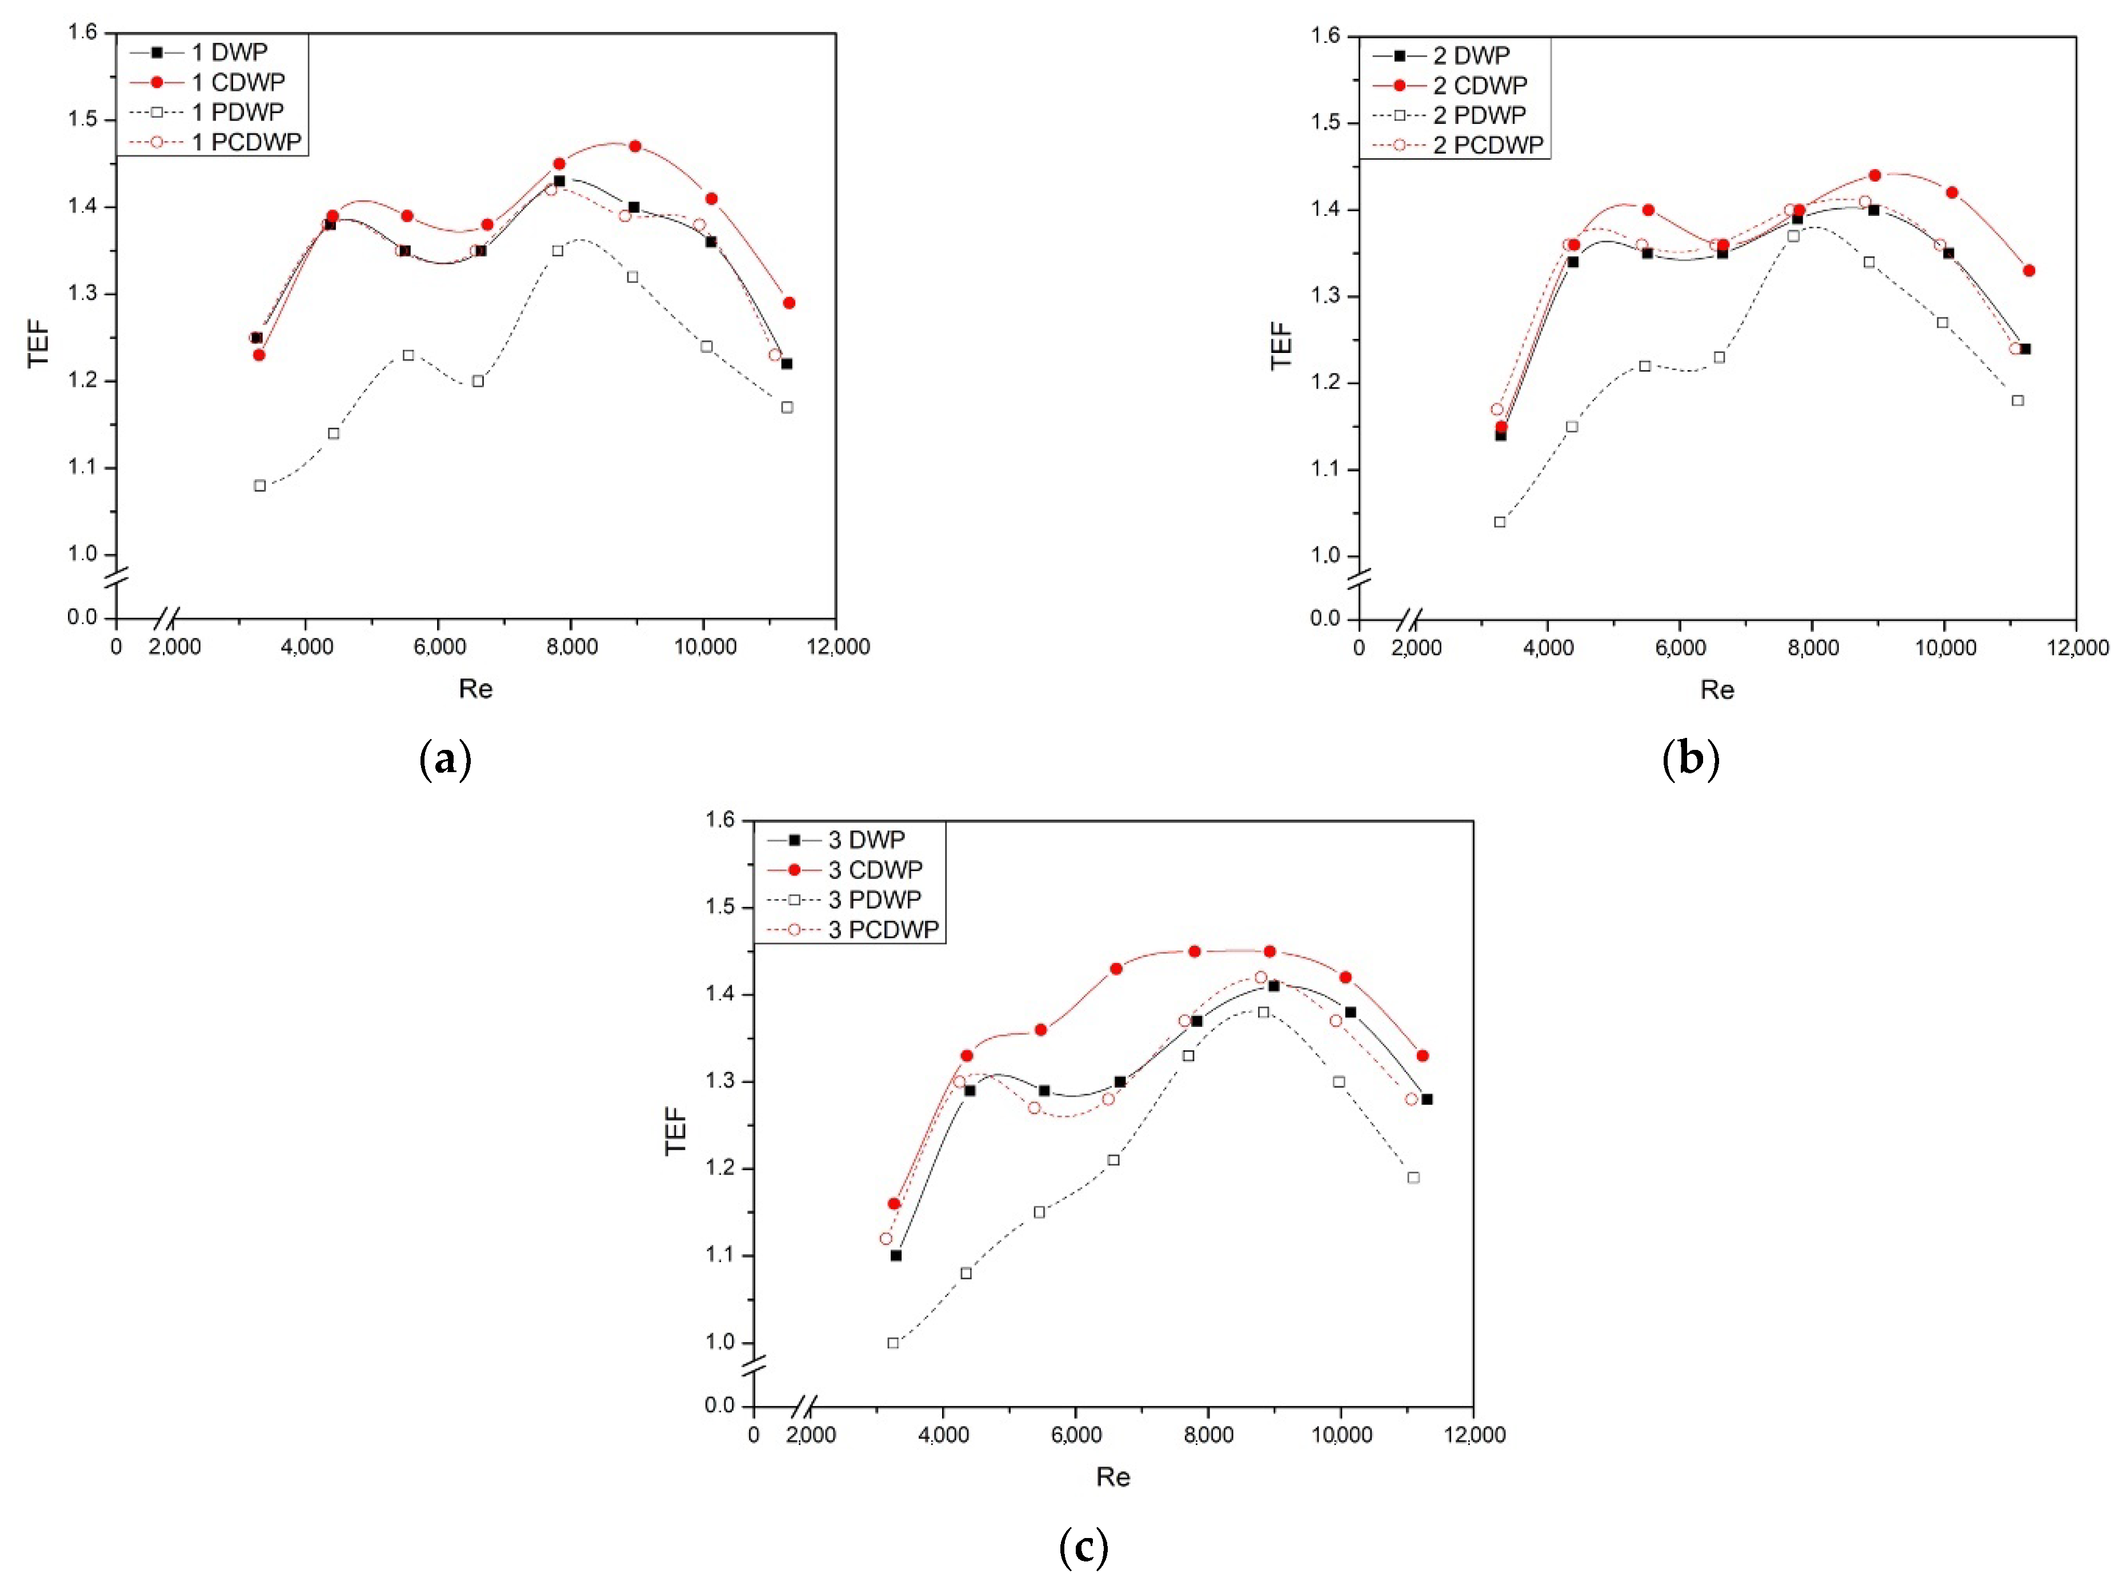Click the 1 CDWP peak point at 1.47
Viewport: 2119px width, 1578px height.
pyautogui.click(x=634, y=146)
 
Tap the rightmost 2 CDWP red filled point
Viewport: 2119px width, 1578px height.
pyautogui.click(x=2028, y=270)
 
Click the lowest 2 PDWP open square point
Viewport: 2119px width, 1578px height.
pyautogui.click(x=1499, y=521)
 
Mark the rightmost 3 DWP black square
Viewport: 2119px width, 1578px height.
pyautogui.click(x=1427, y=1098)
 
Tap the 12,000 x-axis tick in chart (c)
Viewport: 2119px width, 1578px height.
pyautogui.click(x=1473, y=1435)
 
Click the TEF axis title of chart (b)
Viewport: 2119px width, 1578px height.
pyautogui.click(x=1280, y=346)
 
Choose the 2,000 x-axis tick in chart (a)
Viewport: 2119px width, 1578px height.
pyautogui.click(x=175, y=647)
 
